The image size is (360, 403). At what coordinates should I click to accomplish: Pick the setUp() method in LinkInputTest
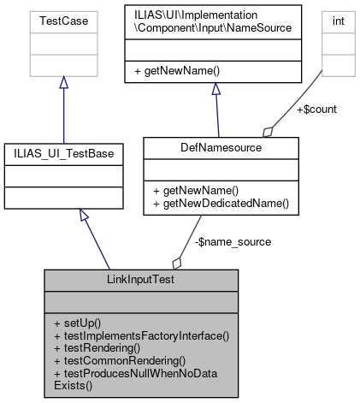pyautogui.click(x=77, y=323)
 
